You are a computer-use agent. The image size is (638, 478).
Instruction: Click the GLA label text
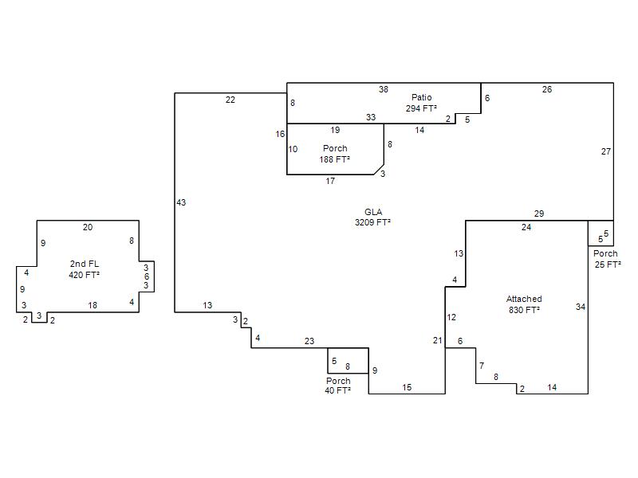click(x=373, y=212)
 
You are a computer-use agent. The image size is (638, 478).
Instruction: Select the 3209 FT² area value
click(x=372, y=222)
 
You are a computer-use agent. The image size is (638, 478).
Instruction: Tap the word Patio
click(x=422, y=97)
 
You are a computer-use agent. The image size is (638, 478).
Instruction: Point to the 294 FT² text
click(x=421, y=108)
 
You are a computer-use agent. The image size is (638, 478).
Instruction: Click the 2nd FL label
click(x=85, y=264)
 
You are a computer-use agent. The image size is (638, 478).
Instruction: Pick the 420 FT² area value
click(x=85, y=275)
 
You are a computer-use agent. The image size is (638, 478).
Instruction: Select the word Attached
click(x=524, y=299)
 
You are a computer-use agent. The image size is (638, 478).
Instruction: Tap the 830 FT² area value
click(x=524, y=310)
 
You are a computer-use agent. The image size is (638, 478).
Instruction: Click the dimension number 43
click(x=181, y=202)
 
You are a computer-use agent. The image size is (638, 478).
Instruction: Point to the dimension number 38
click(x=384, y=89)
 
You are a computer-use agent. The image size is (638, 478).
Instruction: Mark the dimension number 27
click(x=606, y=151)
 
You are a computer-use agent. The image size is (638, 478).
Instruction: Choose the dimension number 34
click(x=581, y=307)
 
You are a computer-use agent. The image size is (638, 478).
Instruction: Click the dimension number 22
click(x=230, y=100)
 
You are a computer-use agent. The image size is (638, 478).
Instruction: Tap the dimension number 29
click(x=539, y=214)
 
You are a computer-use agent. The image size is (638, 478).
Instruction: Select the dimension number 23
click(x=309, y=342)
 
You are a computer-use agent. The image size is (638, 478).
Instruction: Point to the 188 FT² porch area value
click(x=334, y=159)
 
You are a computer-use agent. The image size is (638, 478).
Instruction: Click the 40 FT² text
click(x=337, y=390)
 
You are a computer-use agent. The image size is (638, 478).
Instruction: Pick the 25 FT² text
click(x=608, y=264)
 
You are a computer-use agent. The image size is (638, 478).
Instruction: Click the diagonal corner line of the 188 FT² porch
click(x=379, y=170)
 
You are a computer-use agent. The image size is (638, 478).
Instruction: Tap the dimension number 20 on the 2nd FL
click(x=88, y=228)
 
